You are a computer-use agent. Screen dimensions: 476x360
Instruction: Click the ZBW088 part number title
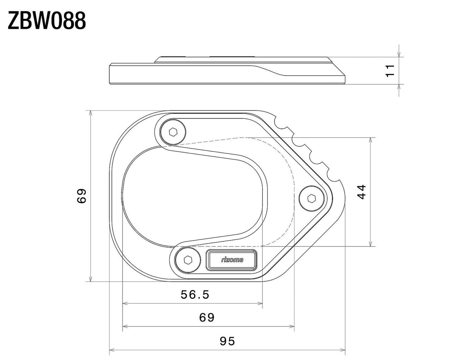coord(47,21)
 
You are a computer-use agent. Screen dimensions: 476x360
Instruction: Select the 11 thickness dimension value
coord(390,71)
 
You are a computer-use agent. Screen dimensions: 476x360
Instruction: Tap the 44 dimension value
coord(361,192)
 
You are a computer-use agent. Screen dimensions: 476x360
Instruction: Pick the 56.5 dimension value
coord(195,295)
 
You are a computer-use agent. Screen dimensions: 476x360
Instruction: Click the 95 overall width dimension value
coord(227,341)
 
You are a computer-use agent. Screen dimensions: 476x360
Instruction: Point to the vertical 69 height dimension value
coord(82,196)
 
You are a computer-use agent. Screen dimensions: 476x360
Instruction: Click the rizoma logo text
coord(232,260)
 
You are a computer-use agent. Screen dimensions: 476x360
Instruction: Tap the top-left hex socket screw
coord(173,132)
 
